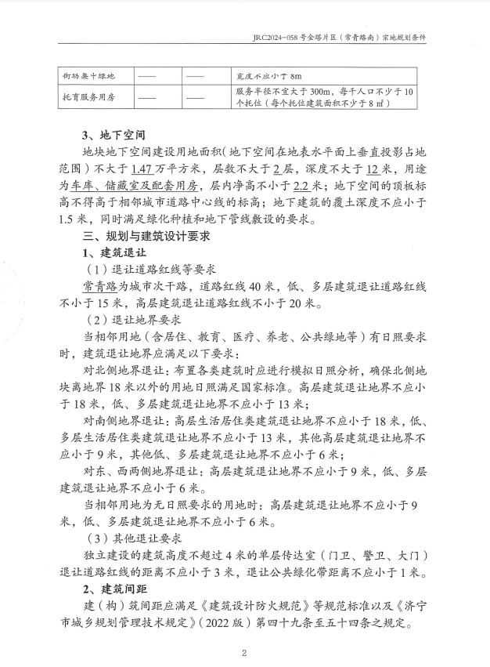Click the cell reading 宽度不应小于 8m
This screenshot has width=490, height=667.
(x=268, y=77)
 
